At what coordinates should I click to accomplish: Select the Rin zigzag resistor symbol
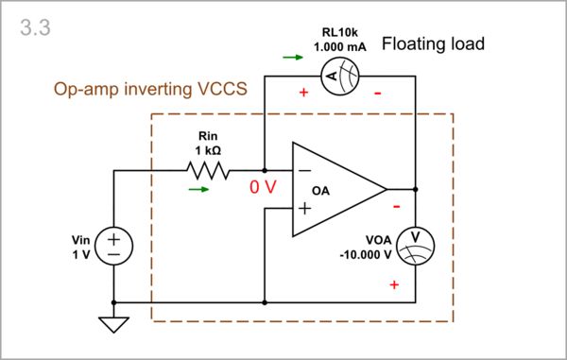[x=207, y=170]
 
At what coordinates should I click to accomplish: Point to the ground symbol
[x=113, y=324]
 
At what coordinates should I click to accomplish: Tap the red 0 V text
[x=263, y=187]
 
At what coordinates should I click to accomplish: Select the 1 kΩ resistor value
[x=207, y=151]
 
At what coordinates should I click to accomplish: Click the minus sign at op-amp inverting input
[x=304, y=171]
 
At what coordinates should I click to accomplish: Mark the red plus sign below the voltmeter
[x=394, y=283]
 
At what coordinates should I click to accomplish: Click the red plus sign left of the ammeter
[x=303, y=93]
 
